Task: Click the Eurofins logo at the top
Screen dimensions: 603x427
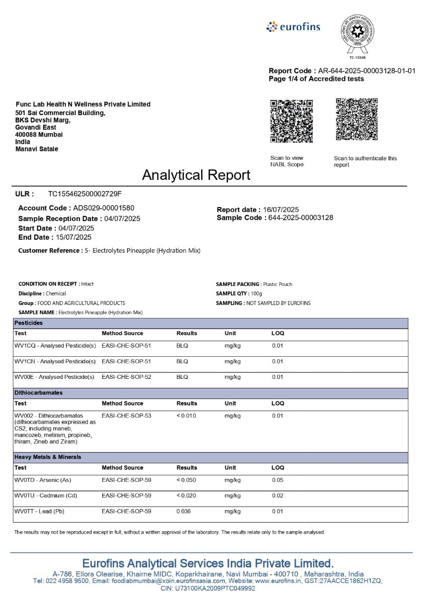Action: click(293, 27)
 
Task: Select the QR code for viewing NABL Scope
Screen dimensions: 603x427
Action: click(291, 121)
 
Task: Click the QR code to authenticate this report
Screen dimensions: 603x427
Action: click(357, 119)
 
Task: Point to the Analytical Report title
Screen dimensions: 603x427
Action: click(196, 175)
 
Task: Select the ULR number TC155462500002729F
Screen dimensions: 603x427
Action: click(85, 193)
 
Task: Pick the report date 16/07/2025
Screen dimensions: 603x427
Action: click(281, 210)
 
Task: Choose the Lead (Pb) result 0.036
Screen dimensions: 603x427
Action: click(184, 512)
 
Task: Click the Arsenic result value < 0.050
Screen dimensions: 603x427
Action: click(186, 480)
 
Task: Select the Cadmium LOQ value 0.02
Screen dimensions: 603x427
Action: click(278, 495)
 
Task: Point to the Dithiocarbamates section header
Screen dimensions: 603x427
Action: click(38, 392)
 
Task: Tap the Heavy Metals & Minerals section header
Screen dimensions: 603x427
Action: click(48, 457)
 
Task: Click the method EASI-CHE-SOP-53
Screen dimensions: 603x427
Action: click(126, 416)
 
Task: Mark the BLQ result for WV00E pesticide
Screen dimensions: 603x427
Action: click(182, 377)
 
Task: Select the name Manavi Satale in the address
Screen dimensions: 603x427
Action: click(37, 149)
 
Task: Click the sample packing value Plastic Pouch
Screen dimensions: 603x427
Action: click(277, 284)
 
